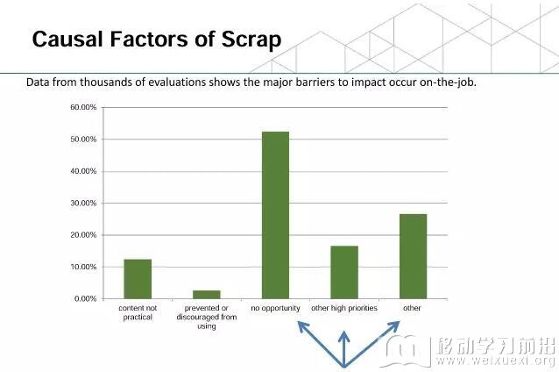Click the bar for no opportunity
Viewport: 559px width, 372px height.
(x=276, y=215)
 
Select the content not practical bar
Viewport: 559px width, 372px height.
(x=138, y=279)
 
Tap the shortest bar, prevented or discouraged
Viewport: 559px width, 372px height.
(x=207, y=295)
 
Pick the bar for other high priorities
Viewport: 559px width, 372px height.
(x=344, y=272)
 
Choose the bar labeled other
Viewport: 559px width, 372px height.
(x=414, y=256)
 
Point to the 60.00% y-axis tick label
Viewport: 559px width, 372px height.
(x=83, y=107)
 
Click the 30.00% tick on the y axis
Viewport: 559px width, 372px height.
(x=83, y=204)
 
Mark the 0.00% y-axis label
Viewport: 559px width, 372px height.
(x=86, y=299)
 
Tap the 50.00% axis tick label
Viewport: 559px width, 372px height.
(x=83, y=139)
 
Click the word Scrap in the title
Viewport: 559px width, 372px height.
(x=251, y=39)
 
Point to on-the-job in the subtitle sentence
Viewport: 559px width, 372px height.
(x=448, y=82)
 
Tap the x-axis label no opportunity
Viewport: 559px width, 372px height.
(x=276, y=308)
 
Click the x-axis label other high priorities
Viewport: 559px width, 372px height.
(x=344, y=308)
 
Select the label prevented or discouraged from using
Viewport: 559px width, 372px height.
(x=207, y=317)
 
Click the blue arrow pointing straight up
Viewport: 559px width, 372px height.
(x=343, y=349)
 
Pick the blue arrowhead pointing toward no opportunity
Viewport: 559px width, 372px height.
(x=302, y=326)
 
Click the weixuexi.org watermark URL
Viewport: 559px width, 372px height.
(x=495, y=361)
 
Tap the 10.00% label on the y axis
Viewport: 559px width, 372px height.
(x=83, y=267)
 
